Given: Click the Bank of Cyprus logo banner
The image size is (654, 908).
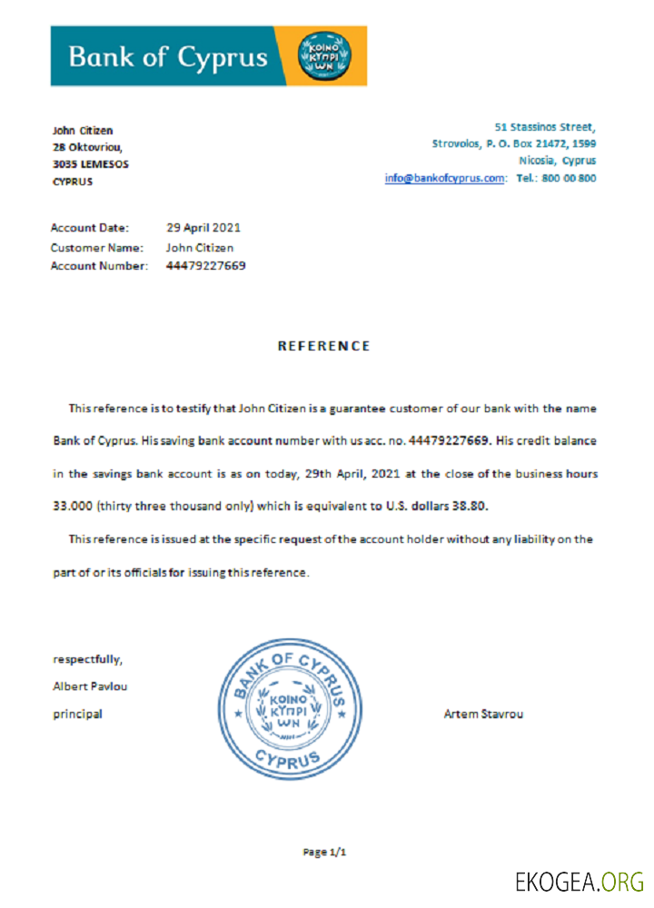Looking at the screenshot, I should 208,56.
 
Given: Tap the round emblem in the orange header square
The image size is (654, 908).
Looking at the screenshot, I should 322,56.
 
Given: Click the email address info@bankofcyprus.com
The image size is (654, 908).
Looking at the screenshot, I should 444,178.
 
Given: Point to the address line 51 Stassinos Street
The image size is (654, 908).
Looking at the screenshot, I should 545,126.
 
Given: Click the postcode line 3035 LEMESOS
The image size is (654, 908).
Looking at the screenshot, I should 90,164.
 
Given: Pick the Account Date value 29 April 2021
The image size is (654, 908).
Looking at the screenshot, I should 203,228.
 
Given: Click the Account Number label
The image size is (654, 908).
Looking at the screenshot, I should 99,266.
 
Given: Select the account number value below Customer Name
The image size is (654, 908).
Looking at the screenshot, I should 205,266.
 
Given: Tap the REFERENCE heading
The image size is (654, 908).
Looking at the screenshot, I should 323,346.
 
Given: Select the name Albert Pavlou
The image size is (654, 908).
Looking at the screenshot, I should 90,686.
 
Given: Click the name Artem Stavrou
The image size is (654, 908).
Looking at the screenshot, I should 482,714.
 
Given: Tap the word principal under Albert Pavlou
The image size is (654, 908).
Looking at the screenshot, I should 77,714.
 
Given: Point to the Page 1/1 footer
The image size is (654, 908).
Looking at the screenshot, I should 325,852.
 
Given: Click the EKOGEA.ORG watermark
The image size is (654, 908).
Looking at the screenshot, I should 579,881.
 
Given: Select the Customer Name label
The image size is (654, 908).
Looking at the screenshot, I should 96,247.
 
